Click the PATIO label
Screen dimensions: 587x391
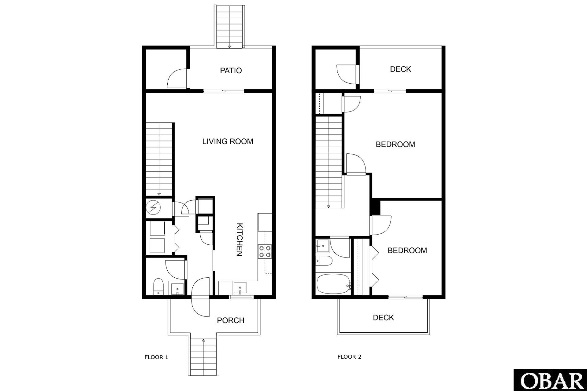[x=231, y=71]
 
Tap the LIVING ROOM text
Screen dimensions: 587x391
[x=228, y=141]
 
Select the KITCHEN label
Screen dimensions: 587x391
[x=240, y=240]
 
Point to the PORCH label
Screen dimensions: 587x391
[x=231, y=320]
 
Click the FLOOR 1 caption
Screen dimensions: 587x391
[x=156, y=357]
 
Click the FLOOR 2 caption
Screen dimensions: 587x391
[x=349, y=356]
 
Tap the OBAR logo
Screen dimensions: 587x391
[x=550, y=380]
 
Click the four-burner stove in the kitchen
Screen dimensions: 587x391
[x=265, y=251]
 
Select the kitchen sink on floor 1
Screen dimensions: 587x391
[x=240, y=288]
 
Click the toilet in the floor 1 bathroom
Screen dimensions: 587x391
[x=158, y=286]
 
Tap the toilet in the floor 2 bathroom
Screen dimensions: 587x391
[x=324, y=261]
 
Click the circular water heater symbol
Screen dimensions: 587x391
[x=153, y=208]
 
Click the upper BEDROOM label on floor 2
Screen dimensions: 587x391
[x=395, y=144]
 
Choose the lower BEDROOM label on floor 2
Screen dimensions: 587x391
[x=407, y=250]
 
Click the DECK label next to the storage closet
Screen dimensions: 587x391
[x=400, y=69]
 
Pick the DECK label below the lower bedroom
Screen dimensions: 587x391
[x=383, y=318]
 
